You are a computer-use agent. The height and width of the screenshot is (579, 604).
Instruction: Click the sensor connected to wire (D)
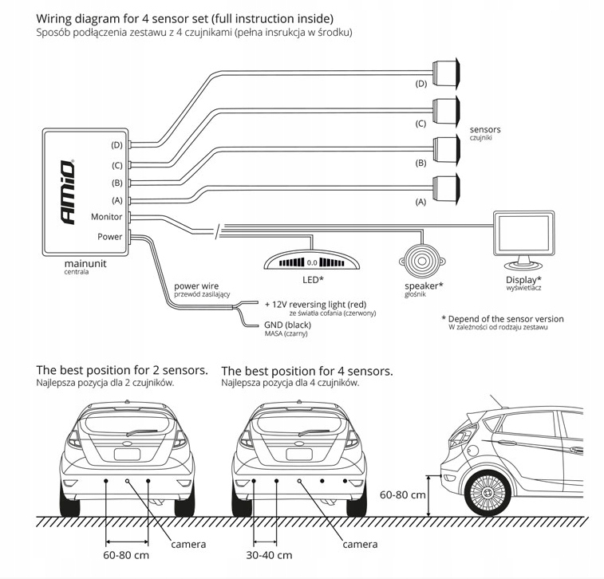click(x=445, y=69)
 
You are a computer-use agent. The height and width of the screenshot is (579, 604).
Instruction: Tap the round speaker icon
click(x=418, y=260)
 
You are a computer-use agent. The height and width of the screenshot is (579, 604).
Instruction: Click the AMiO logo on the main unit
click(x=69, y=191)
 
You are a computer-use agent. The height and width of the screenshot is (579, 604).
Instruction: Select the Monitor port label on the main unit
click(x=107, y=217)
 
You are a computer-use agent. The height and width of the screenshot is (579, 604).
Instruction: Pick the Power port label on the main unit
click(x=110, y=237)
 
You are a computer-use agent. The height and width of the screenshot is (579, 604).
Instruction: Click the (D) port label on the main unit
click(x=116, y=145)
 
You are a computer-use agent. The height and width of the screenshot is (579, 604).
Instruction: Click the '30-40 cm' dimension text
click(x=270, y=555)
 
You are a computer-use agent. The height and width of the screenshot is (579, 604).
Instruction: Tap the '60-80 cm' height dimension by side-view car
click(x=403, y=494)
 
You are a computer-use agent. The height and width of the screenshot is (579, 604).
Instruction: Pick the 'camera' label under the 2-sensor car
click(x=188, y=544)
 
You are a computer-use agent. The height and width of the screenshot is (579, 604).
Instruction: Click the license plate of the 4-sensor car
click(x=299, y=454)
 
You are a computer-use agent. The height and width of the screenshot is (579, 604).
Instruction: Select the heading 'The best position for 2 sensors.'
click(x=122, y=370)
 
